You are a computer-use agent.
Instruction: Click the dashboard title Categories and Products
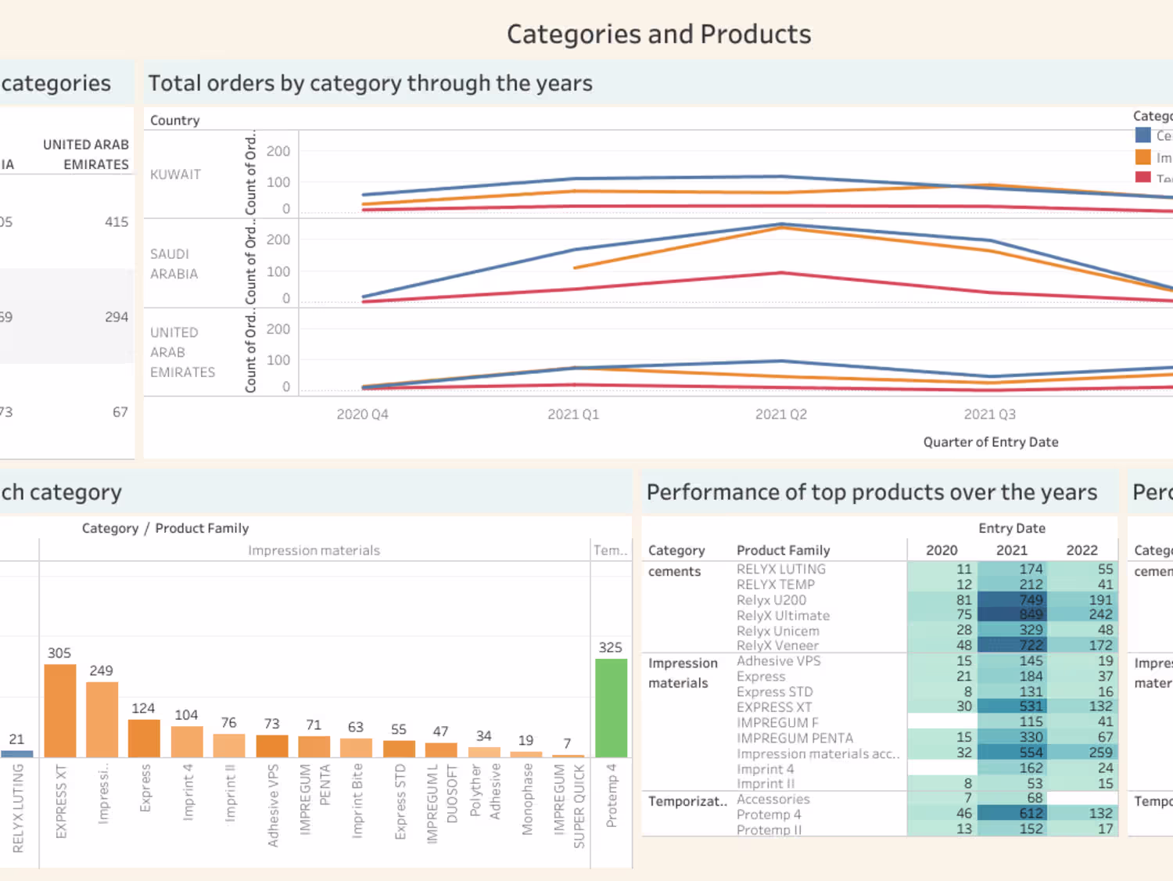(658, 34)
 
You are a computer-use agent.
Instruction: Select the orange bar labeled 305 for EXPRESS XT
(60, 710)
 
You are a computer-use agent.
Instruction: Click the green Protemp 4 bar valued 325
(611, 708)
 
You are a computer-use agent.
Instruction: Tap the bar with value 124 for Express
(144, 738)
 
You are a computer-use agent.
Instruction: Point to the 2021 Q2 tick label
(780, 415)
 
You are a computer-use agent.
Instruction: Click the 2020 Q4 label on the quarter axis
(362, 415)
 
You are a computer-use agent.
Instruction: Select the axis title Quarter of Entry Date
(990, 442)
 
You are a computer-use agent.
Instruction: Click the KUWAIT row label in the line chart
(175, 174)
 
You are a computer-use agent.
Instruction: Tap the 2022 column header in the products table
(1082, 550)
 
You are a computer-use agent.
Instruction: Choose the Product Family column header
(783, 550)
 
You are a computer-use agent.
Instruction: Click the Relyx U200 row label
(771, 600)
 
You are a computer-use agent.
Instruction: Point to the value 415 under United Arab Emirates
(117, 222)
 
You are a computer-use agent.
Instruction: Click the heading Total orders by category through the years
(370, 84)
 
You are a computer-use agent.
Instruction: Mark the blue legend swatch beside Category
(1143, 135)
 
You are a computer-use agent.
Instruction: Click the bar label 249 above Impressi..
(101, 671)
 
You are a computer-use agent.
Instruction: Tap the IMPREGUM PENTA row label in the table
(795, 738)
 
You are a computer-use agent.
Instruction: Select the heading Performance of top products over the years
(871, 492)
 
